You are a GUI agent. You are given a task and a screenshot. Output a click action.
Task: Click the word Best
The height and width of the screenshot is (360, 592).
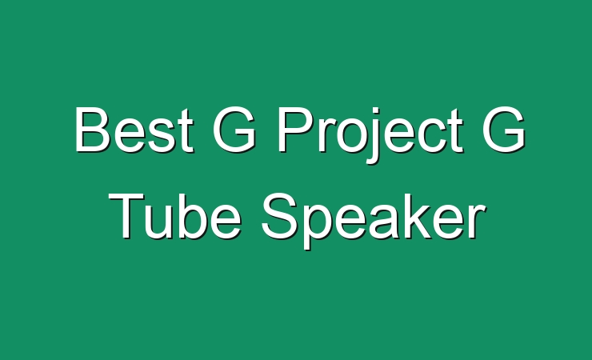[x=134, y=129]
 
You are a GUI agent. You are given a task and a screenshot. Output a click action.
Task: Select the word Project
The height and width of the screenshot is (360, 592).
[x=370, y=134]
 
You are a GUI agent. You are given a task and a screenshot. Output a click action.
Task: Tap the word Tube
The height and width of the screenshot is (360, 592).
[x=175, y=215]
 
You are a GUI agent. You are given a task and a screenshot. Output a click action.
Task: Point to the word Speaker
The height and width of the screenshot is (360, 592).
[x=374, y=221]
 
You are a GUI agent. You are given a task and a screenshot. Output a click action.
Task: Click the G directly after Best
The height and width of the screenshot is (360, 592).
[x=234, y=129]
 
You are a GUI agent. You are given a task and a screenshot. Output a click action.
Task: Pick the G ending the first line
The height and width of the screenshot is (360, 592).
[x=504, y=129]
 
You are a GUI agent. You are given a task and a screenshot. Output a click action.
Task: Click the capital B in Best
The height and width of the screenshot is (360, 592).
[x=93, y=129]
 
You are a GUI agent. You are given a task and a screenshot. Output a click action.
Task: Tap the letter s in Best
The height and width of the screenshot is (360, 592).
[x=163, y=135]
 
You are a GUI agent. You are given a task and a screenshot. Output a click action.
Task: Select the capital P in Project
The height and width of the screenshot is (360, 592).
[x=296, y=130]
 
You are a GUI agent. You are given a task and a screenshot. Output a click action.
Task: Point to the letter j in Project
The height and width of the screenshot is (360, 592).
[x=375, y=136]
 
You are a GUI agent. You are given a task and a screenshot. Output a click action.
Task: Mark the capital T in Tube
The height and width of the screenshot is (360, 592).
[x=126, y=216]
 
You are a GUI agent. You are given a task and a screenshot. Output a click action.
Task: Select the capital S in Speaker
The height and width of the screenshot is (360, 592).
[x=279, y=216]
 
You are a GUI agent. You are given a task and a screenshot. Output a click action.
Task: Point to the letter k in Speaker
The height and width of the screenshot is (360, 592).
[x=435, y=216]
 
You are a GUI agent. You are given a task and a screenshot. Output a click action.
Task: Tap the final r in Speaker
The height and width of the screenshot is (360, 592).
[x=478, y=222]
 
